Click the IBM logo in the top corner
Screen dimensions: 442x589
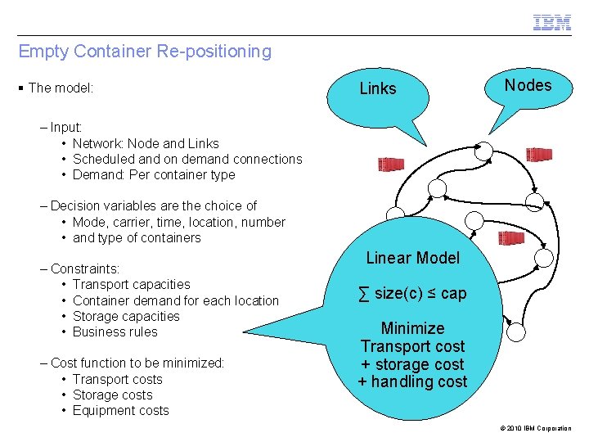552,23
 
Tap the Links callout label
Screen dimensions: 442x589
378,88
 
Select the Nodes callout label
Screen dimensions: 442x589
528,85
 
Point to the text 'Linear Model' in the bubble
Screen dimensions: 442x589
413,258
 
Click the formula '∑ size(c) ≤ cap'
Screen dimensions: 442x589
412,293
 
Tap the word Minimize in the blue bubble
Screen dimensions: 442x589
413,328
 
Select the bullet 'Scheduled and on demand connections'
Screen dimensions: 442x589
187,159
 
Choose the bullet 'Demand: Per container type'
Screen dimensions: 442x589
154,174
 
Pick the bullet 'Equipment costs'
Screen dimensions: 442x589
120,410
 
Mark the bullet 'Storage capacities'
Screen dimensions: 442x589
126,316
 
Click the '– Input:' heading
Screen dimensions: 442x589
67,127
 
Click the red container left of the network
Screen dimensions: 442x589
391,165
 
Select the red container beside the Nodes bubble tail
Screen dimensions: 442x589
538,154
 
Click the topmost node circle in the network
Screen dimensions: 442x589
483,150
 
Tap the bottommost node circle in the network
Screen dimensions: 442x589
515,332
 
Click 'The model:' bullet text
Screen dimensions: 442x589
61,88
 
